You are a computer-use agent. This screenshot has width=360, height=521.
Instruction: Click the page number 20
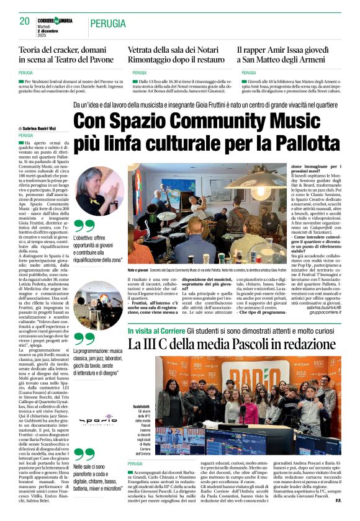tap(24, 22)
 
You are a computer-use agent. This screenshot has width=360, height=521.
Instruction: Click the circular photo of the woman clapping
tap(99, 191)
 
